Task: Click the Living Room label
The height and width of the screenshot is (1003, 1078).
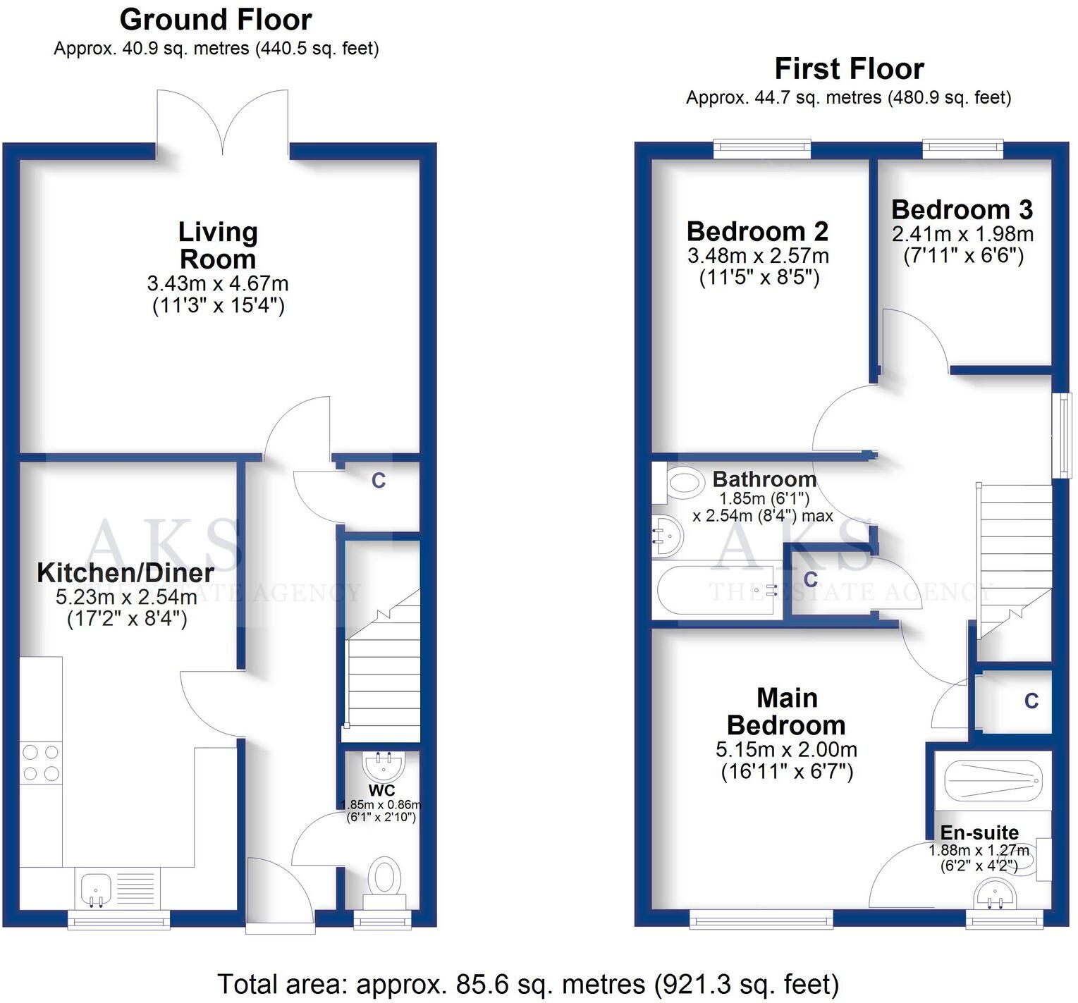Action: (x=218, y=245)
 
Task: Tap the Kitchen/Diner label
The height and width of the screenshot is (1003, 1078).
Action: (x=125, y=573)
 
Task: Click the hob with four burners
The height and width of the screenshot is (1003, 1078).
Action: (x=41, y=763)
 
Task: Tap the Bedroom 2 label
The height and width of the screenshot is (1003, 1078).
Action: (x=757, y=231)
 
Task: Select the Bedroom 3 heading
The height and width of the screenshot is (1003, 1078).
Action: (x=962, y=209)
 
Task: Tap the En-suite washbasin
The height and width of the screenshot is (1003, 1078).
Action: (x=996, y=897)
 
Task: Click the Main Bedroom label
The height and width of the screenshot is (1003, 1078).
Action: (x=786, y=711)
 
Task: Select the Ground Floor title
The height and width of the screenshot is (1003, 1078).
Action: (x=216, y=20)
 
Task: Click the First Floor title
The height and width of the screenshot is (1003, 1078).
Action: (x=849, y=69)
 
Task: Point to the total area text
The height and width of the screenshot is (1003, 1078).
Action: (x=527, y=983)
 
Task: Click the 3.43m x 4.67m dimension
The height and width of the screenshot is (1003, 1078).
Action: (x=218, y=284)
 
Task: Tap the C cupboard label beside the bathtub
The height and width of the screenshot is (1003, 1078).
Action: (x=811, y=579)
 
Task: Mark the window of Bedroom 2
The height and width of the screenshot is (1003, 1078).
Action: (x=761, y=148)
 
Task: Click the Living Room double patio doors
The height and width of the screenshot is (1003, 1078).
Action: (x=223, y=123)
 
